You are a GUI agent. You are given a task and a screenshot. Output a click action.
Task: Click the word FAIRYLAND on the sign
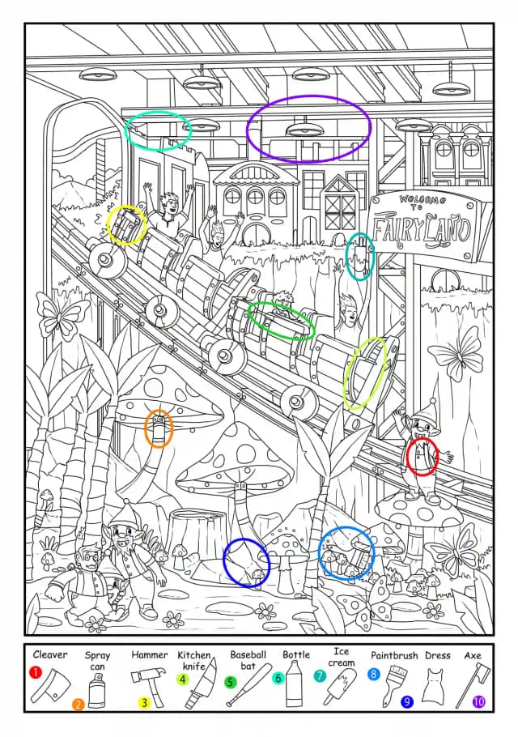(421, 230)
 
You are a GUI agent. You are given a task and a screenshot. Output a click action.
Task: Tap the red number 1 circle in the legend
(36, 672)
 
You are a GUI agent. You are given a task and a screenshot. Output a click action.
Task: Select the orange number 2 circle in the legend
(78, 704)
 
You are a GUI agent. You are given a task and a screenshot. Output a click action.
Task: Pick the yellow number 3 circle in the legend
(145, 703)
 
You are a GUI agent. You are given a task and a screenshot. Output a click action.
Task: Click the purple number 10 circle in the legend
(478, 702)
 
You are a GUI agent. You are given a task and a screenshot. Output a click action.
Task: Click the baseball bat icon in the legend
(249, 685)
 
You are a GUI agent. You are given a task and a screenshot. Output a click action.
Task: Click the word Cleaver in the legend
(50, 654)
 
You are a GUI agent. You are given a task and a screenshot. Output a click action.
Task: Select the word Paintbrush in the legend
(394, 655)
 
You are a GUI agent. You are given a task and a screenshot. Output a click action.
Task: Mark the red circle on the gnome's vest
(422, 457)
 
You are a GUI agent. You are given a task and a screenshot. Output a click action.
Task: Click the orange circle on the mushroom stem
(159, 428)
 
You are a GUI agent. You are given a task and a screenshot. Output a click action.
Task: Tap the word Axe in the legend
(473, 655)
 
